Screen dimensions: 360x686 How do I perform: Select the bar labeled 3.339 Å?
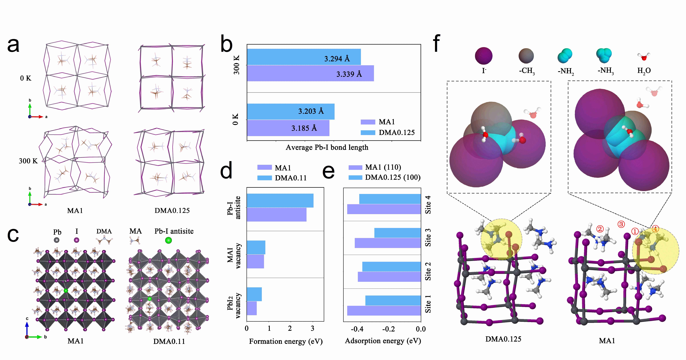(x=310, y=73)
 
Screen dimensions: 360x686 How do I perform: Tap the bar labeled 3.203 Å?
(x=290, y=111)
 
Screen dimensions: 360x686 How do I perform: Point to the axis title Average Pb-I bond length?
(x=327, y=147)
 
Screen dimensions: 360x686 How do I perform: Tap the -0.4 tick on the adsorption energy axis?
(x=357, y=329)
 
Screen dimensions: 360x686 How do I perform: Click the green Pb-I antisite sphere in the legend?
(x=168, y=240)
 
